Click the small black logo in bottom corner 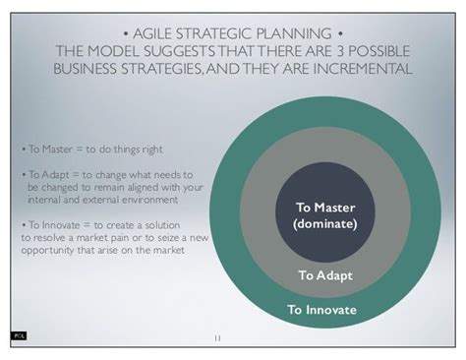18,335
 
